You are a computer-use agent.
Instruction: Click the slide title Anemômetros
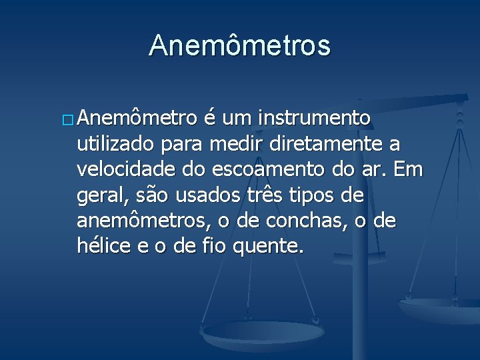point(239,45)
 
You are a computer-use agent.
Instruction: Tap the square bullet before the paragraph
point(69,120)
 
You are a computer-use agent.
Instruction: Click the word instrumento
point(315,119)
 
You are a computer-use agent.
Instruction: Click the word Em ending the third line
point(409,169)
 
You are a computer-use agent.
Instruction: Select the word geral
point(99,196)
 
